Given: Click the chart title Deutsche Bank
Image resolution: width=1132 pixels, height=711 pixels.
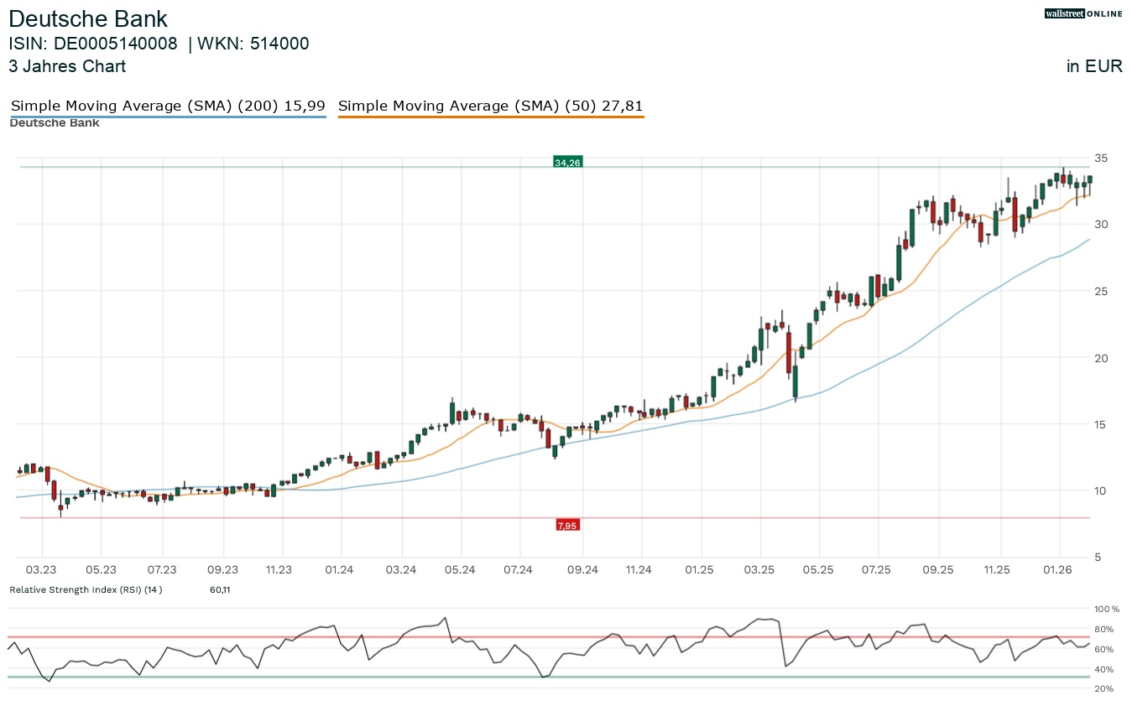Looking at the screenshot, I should click(x=88, y=19).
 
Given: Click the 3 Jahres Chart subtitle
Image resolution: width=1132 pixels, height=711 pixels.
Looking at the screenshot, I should click(x=67, y=66).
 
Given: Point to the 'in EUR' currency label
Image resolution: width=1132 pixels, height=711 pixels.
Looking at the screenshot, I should click(x=1094, y=67).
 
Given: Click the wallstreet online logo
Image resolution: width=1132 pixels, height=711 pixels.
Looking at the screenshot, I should click(x=1083, y=13).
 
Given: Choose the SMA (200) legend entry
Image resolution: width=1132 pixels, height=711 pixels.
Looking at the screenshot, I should click(x=168, y=106).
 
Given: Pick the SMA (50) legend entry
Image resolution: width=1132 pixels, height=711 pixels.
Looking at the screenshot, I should click(x=490, y=106).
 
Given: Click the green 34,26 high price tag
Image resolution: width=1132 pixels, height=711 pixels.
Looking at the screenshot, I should click(x=567, y=163).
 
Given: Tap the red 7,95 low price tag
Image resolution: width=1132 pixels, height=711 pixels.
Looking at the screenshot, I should click(x=567, y=526).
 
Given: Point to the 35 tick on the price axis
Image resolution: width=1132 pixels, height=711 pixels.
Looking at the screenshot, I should click(x=1101, y=158).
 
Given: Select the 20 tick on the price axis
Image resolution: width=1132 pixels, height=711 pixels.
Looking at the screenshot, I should click(x=1101, y=358).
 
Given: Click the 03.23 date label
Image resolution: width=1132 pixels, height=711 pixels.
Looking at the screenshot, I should click(x=40, y=570).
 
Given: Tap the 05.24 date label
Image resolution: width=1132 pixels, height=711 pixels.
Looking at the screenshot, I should click(x=460, y=570).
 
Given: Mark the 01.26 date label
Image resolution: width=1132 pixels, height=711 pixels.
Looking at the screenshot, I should click(x=1059, y=570).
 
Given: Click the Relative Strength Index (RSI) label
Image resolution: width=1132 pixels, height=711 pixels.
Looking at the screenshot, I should click(x=85, y=589).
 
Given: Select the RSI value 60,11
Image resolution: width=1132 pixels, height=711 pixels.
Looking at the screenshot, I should click(x=220, y=589).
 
